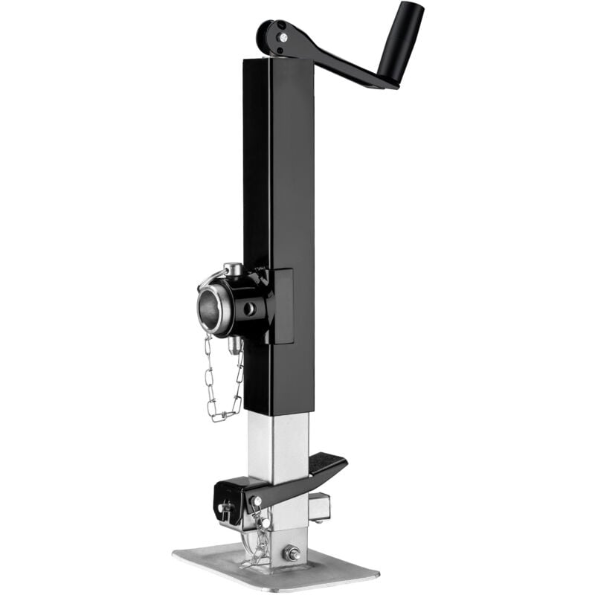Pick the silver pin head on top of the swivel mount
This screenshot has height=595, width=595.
tap(233, 268)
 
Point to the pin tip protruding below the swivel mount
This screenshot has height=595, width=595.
tap(236, 344)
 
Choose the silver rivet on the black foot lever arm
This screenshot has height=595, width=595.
tap(257, 501)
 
